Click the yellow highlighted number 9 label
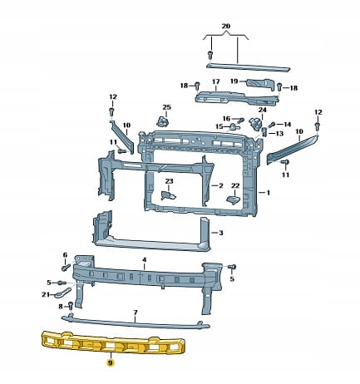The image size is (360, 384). pyautogui.click(x=111, y=362)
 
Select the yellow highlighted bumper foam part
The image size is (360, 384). pyautogui.click(x=113, y=343)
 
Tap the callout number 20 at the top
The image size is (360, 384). pyautogui.click(x=226, y=26)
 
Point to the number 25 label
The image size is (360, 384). pyautogui.click(x=167, y=107)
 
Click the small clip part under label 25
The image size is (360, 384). pyautogui.click(x=163, y=121)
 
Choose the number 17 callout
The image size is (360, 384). pyautogui.click(x=216, y=81)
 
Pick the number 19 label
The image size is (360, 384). pyautogui.click(x=234, y=81)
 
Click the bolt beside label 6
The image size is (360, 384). pyautogui.click(x=66, y=268)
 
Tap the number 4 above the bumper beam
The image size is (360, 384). pyautogui.click(x=145, y=260)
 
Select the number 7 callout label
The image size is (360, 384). pyautogui.click(x=136, y=313)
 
